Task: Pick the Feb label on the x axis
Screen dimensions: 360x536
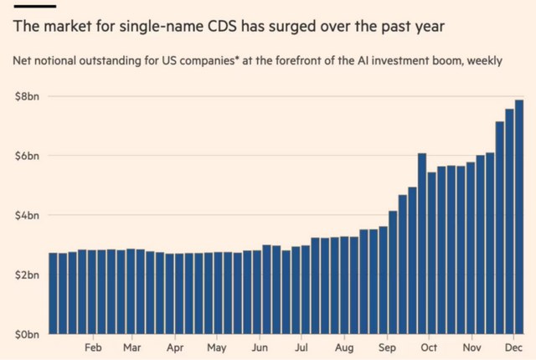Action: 93,347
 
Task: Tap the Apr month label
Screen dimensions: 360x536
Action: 175,347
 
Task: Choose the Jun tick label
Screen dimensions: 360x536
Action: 260,347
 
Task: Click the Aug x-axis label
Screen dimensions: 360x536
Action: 343,347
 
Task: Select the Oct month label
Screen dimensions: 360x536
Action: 429,347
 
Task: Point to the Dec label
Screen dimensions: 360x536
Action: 512,347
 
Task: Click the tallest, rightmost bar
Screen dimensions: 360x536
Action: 519,218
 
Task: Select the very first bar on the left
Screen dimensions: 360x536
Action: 53,293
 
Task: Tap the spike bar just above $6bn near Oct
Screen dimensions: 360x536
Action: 422,243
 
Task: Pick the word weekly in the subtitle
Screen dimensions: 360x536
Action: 482,62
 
